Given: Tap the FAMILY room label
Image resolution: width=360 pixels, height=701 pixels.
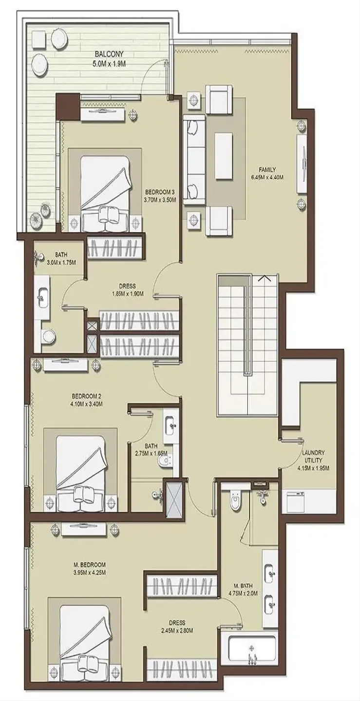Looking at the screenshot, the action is tap(267, 169).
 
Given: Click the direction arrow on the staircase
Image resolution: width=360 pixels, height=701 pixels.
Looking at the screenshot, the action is tap(265, 277).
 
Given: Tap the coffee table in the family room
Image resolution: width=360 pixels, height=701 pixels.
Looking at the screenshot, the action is tap(224, 156).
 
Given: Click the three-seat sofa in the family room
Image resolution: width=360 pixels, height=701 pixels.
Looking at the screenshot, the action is tap(194, 160).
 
